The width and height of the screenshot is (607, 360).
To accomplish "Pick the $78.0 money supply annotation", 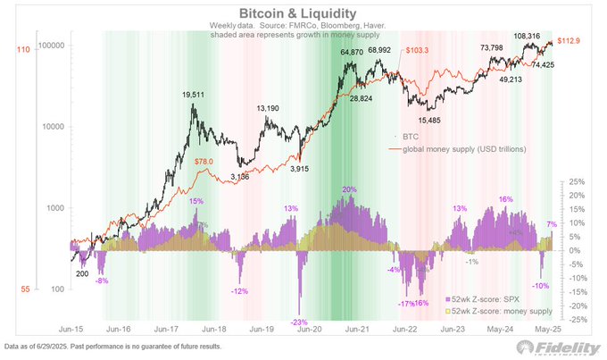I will click(203, 161).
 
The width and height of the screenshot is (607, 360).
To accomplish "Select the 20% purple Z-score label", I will click(349, 189).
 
